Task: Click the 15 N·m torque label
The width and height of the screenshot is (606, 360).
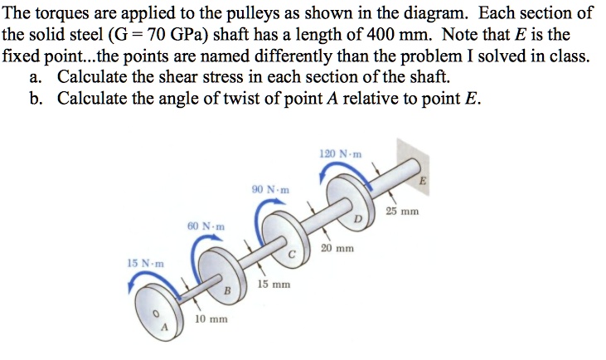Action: [146, 264]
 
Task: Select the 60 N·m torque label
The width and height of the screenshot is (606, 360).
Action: [206, 226]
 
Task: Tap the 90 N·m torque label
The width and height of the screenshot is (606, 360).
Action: [270, 190]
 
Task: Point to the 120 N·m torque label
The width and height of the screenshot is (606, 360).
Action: [341, 154]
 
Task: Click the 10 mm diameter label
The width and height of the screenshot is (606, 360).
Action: [211, 319]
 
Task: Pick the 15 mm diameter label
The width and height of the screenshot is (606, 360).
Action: [274, 285]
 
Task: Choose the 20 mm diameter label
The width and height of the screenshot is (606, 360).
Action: [337, 248]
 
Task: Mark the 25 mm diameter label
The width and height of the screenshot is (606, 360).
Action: [402, 212]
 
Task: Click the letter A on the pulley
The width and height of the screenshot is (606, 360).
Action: [164, 328]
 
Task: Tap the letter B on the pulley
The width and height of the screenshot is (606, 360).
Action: [227, 290]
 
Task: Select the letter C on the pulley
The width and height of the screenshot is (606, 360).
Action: [292, 255]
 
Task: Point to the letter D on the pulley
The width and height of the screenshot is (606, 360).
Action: [358, 219]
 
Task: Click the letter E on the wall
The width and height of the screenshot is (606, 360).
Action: [423, 181]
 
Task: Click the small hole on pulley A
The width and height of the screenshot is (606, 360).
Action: [156, 314]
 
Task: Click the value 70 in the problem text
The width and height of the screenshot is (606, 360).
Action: [157, 35]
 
